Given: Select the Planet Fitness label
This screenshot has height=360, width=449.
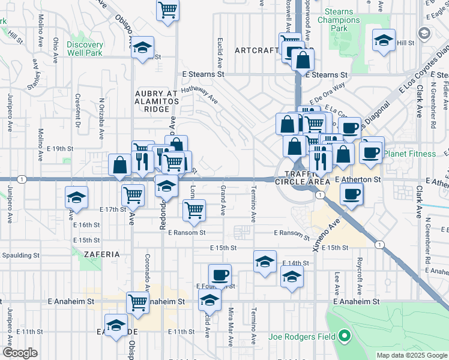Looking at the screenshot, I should pos(410,154).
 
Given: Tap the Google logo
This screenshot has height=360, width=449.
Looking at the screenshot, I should pos(20,353).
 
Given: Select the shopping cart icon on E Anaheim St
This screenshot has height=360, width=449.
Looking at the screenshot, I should pos(137,302).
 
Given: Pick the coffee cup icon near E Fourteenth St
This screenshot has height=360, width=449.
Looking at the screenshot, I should pos(220,274).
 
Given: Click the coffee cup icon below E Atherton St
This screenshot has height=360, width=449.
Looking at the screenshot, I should pos(351,193).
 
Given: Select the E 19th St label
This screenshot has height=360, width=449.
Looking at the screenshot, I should pos(60,148).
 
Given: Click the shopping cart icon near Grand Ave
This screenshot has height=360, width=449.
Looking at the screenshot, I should pos(194,209).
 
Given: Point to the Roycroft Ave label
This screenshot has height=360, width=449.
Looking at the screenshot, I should pos(359,277).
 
